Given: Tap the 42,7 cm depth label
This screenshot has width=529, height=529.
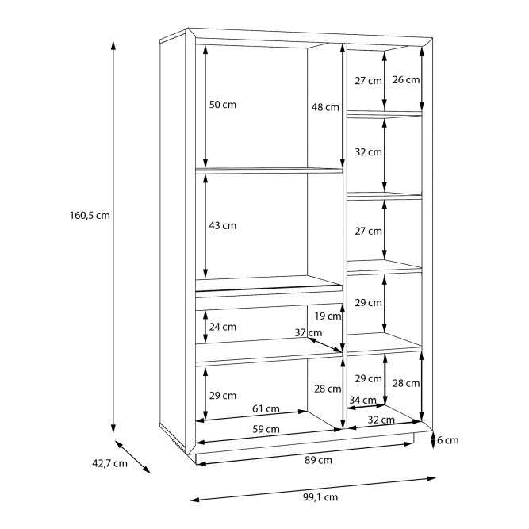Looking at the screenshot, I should (x=109, y=465).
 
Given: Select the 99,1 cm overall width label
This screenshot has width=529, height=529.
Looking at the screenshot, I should (x=320, y=497).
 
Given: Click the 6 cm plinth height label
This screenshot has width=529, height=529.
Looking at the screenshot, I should (x=448, y=440).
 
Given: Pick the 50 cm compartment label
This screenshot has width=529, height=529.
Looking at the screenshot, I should (x=222, y=105).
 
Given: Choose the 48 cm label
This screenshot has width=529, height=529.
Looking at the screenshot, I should (x=324, y=107).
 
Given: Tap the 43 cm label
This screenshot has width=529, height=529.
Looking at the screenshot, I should (x=222, y=225).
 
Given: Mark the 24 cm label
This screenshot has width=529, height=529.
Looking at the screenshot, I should (x=222, y=326).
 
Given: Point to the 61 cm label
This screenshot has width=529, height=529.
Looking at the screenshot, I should (x=266, y=409).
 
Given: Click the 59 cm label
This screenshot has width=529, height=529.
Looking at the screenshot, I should (x=266, y=429).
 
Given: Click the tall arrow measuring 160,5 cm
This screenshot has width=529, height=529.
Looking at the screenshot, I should (x=113, y=238).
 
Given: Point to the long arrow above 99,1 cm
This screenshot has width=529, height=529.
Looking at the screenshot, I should (x=314, y=489).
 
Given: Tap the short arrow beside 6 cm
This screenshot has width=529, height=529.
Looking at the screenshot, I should (x=431, y=440).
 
